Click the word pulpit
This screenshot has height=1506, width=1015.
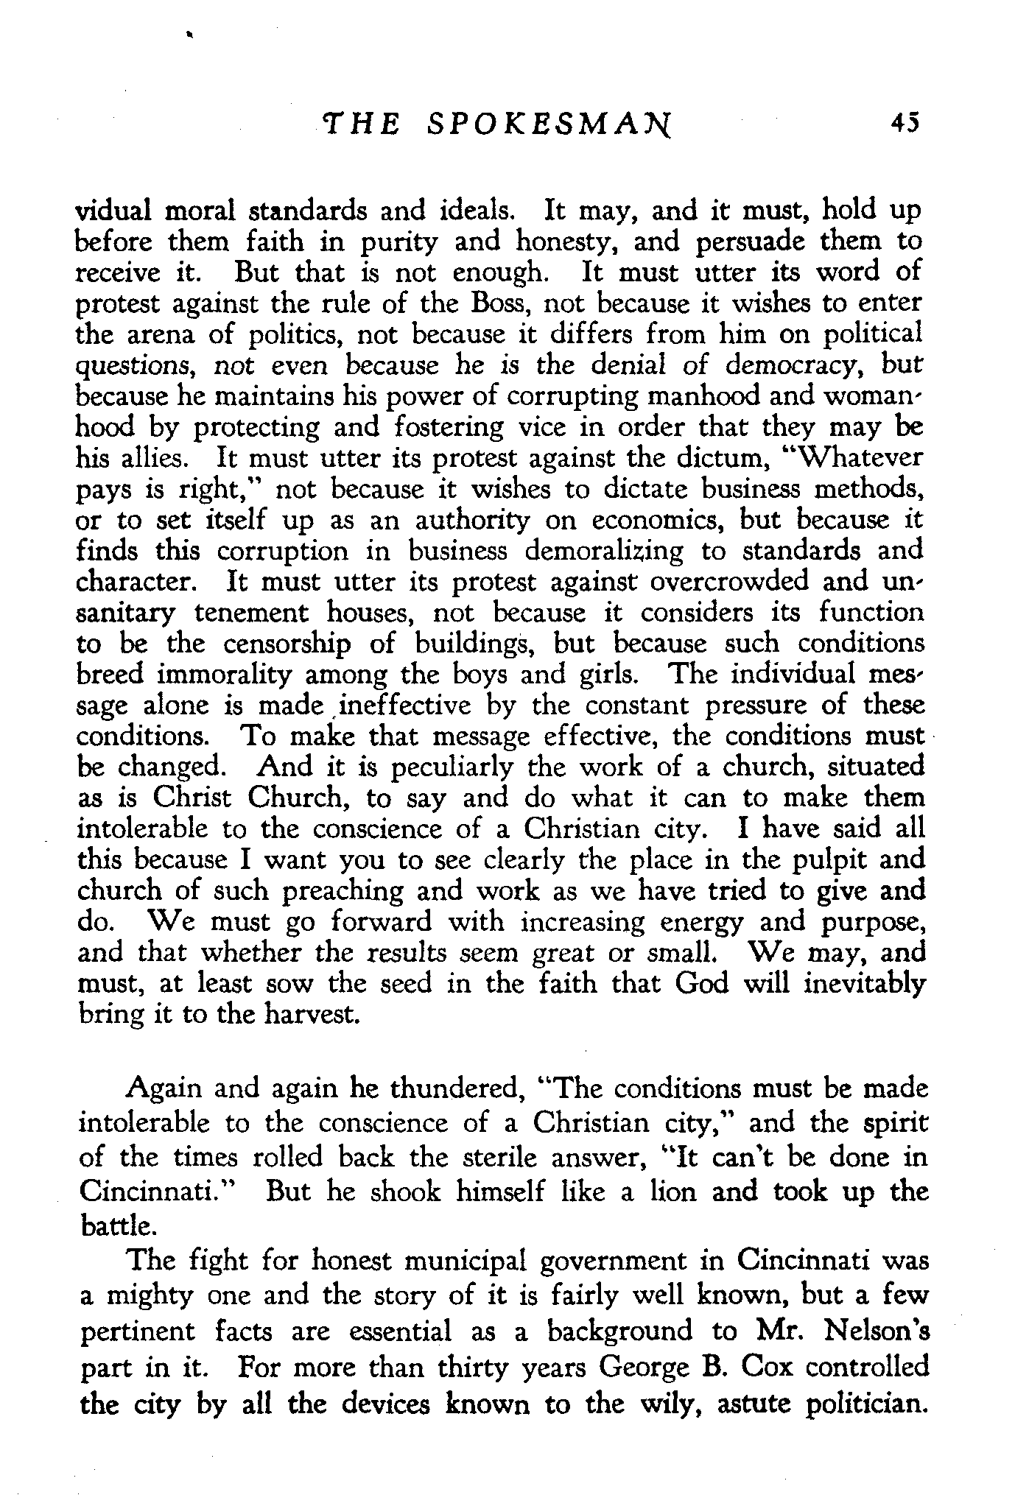click(x=826, y=860)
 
